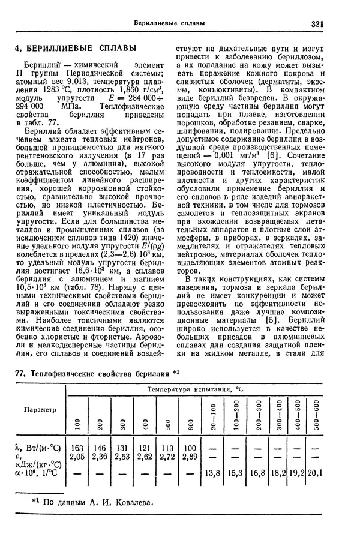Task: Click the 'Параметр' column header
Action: pos(40,410)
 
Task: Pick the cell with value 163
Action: pos(77,447)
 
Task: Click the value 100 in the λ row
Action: pos(190,447)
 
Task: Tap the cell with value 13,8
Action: pos(214,473)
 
